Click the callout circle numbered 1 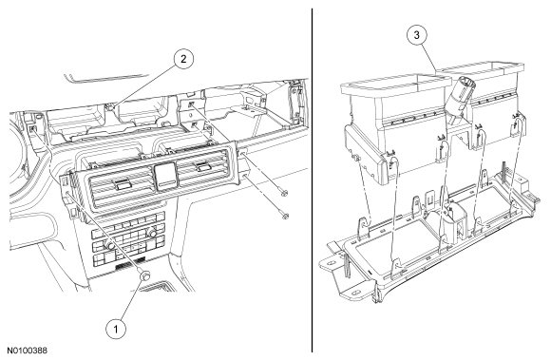click(x=116, y=329)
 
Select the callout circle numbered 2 click(x=183, y=59)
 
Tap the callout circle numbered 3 click(x=417, y=35)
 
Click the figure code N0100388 click(x=28, y=351)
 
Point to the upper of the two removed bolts click(x=284, y=193)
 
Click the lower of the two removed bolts click(x=285, y=216)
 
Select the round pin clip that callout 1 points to click(x=144, y=276)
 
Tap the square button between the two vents click(x=165, y=176)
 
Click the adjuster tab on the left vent click(x=122, y=183)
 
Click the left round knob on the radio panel click(x=111, y=246)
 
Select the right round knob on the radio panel click(x=152, y=233)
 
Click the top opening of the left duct click(x=396, y=84)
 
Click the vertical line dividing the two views click(x=312, y=180)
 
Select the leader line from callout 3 click(x=428, y=57)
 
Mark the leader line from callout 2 click(x=146, y=85)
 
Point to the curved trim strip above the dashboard click(x=106, y=78)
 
